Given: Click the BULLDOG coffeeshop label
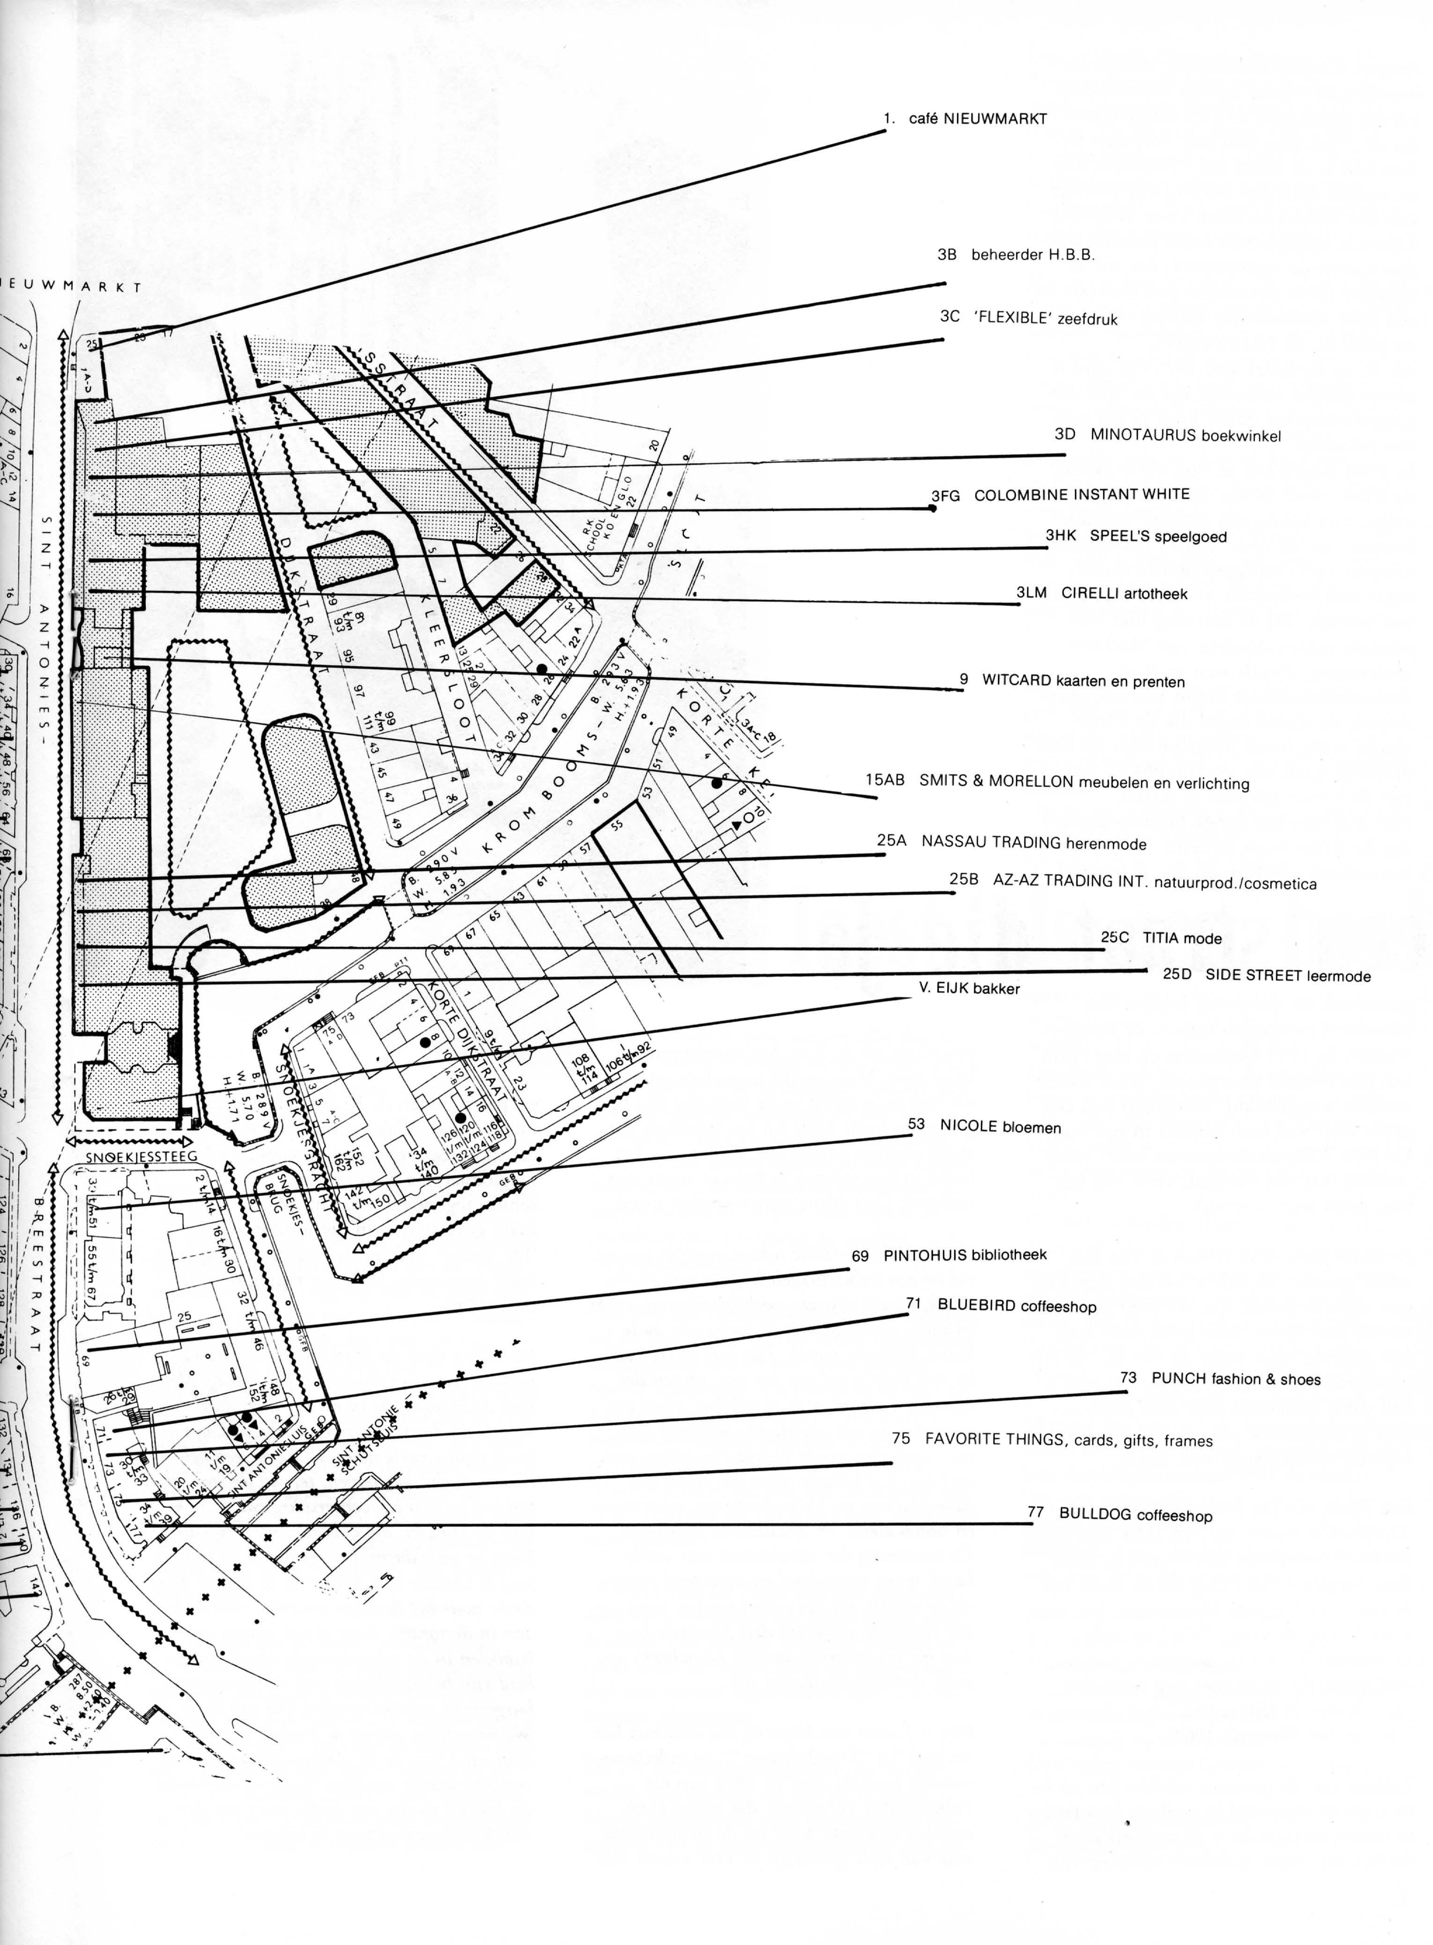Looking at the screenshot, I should tap(1135, 1515).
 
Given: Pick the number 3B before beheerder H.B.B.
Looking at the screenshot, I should tap(946, 255).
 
